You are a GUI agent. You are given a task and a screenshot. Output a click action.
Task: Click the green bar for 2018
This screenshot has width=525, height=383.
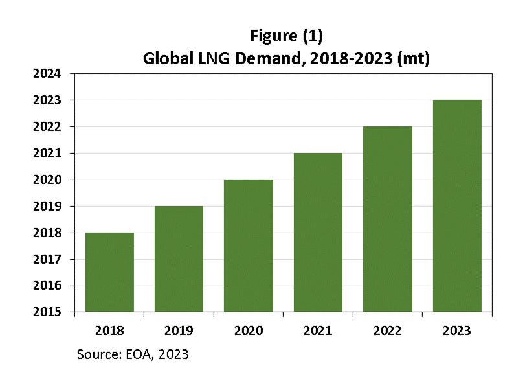(109, 272)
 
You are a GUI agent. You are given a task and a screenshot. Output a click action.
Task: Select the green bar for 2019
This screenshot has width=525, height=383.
(179, 259)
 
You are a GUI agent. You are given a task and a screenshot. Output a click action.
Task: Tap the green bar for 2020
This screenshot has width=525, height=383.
(248, 246)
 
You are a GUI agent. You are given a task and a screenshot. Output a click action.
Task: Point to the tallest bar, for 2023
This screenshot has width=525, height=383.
(457, 205)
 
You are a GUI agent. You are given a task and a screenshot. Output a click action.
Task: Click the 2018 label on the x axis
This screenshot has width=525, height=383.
(109, 331)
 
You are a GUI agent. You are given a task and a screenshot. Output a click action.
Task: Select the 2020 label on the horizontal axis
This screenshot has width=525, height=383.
(248, 331)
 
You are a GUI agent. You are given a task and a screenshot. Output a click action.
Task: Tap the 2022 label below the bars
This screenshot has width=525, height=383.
(387, 331)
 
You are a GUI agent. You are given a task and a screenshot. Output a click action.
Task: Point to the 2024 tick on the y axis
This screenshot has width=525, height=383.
(47, 74)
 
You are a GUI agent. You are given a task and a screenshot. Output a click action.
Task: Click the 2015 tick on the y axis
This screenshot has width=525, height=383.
(47, 312)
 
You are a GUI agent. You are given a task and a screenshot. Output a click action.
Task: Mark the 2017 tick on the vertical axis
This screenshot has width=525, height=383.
(47, 259)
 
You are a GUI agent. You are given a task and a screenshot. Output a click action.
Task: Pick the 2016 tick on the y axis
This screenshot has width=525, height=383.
(47, 286)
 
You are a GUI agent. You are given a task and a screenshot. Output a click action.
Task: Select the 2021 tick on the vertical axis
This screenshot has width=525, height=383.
(47, 154)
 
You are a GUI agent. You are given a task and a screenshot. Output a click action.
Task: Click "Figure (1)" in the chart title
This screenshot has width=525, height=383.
(285, 36)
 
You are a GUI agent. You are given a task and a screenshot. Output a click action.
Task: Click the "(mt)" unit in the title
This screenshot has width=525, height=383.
(412, 58)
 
